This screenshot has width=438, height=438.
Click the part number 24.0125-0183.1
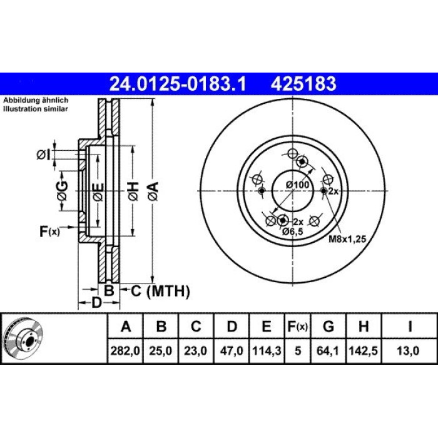tap(178, 84)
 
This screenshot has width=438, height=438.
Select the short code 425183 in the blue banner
tap(303, 84)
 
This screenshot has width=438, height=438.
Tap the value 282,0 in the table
tap(125, 351)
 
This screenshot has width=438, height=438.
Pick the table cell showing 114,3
tap(267, 351)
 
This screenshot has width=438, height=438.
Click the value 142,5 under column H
tap(364, 351)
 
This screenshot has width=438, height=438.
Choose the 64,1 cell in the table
tap(328, 351)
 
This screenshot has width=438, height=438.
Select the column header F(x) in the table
tap(298, 326)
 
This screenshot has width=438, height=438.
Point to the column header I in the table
tap(410, 326)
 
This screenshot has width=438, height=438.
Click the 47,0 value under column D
tap(232, 351)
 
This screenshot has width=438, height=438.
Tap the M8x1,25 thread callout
tap(347, 239)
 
